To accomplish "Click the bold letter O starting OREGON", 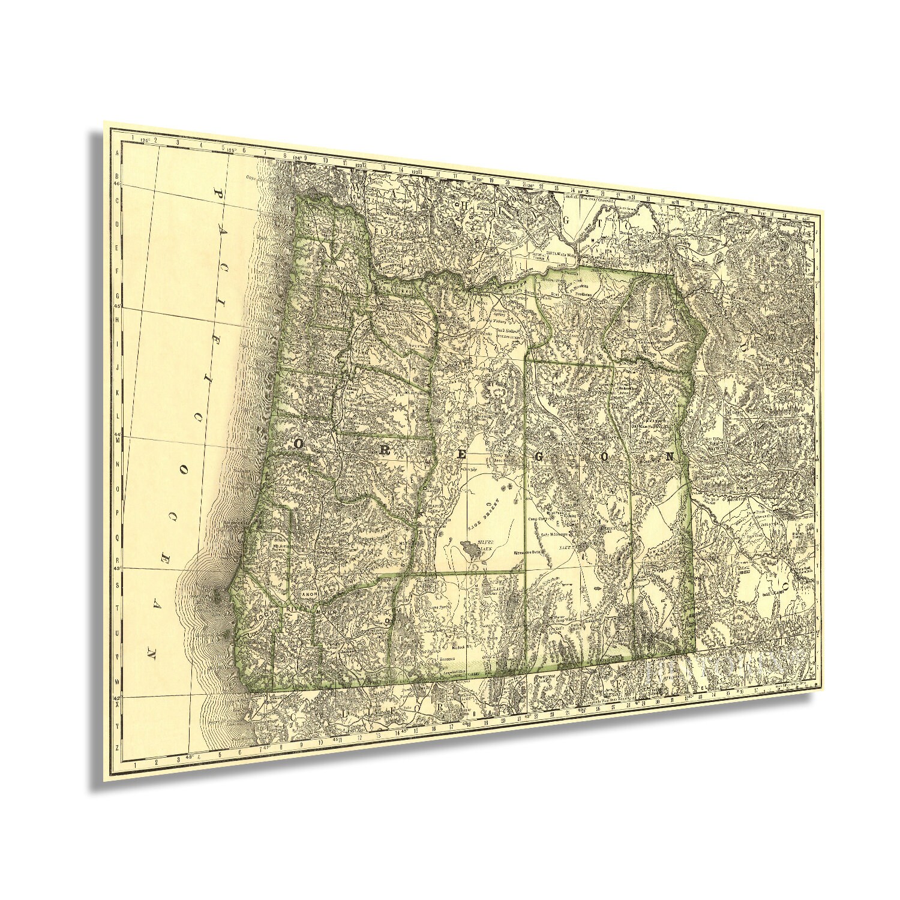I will coord(297,443).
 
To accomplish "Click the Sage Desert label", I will coord(486,510).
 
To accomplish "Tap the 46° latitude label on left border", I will coord(118,182).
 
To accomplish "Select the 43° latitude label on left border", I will coord(118,568).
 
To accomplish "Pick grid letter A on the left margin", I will coord(118,152).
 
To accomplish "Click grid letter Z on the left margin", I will coord(118,748).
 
